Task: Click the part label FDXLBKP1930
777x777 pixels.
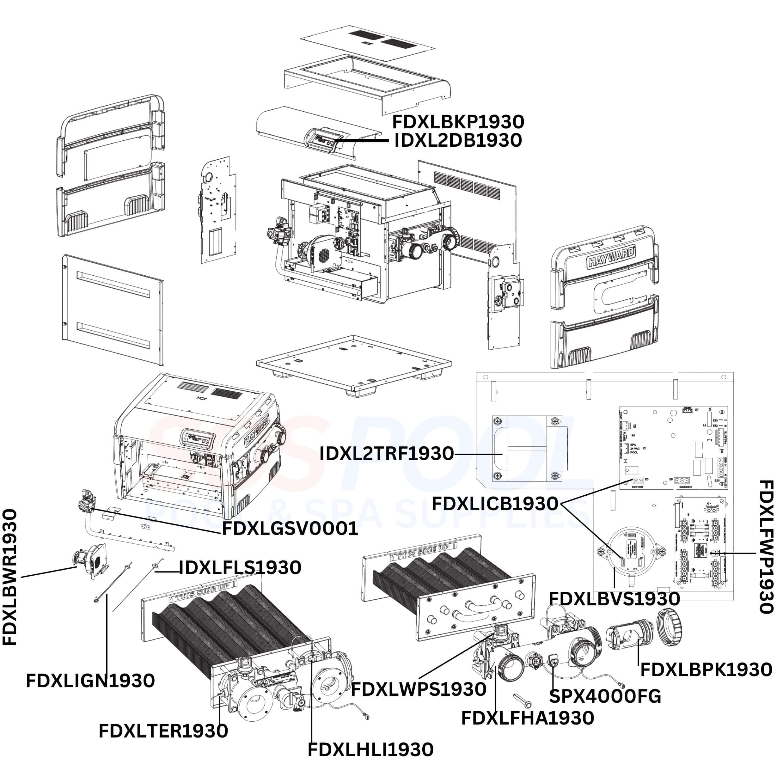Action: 458,121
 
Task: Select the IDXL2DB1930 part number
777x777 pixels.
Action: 458,140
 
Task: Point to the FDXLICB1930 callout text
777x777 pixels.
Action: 495,504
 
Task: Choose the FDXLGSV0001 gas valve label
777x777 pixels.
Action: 290,529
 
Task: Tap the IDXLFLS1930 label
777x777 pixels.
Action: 240,567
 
